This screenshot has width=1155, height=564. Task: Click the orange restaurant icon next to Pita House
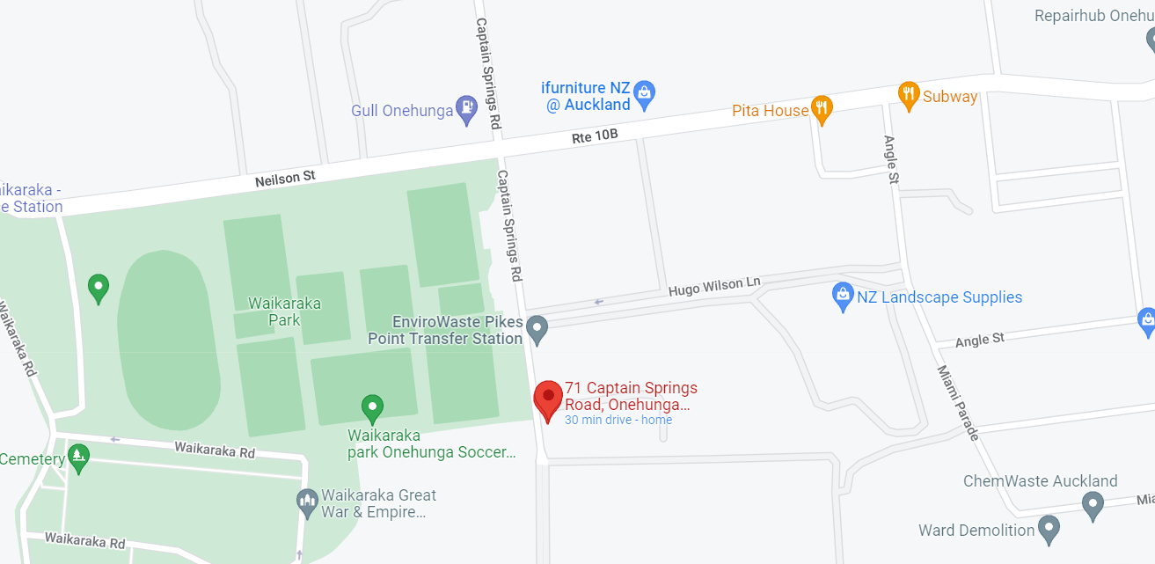pos(822,108)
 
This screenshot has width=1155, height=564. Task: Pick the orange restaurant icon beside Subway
pos(908,94)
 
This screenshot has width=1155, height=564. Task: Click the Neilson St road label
pos(285,179)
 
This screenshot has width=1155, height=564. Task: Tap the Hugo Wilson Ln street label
pos(713,286)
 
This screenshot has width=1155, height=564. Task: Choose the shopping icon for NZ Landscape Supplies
pos(843,296)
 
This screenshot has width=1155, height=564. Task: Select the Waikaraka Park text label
pos(284,311)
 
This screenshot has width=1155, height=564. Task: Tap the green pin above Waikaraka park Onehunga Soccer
pos(372,408)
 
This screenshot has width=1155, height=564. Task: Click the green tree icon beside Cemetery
pos(79,457)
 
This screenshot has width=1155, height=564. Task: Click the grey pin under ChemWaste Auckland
pos(1093,505)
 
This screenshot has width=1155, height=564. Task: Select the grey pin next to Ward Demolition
pos(1048,529)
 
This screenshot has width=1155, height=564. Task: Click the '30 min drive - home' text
pos(618,420)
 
